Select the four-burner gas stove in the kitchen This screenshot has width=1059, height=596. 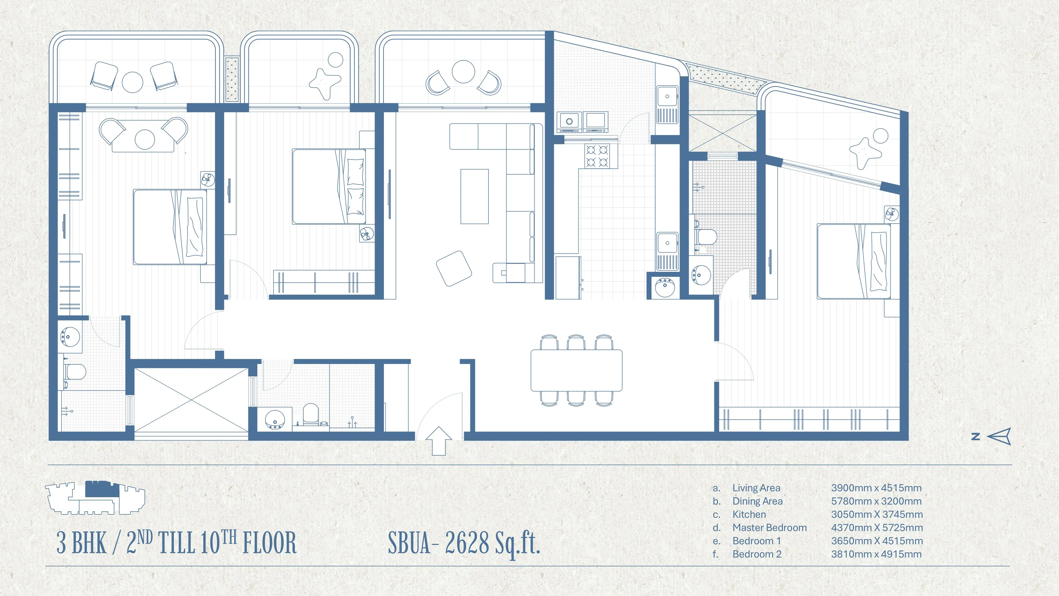point(597,156)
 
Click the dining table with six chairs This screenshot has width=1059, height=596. point(576,370)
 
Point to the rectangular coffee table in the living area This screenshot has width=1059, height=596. point(474,197)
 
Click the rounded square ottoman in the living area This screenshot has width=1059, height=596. point(454,268)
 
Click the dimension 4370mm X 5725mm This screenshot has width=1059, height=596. point(877,528)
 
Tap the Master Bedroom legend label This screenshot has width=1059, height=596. point(770,528)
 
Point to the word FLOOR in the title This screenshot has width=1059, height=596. point(269,543)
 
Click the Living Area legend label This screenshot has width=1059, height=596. point(756,488)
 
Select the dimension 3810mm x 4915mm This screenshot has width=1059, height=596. point(876,554)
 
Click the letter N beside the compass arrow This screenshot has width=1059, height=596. point(976,437)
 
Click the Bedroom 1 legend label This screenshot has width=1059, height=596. point(756,541)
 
